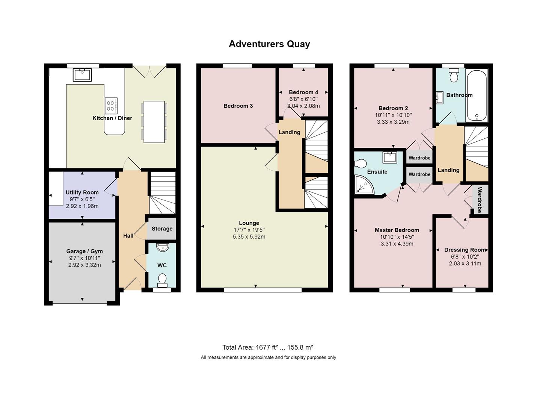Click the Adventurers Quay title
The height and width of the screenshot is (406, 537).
tap(269, 44)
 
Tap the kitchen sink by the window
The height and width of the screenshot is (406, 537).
tap(83, 75)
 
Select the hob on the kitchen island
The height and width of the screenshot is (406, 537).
tap(111, 105)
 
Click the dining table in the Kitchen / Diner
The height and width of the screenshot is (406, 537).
tap(154, 122)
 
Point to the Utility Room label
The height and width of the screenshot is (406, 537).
tap(82, 192)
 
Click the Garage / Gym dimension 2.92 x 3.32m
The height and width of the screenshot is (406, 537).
tap(84, 265)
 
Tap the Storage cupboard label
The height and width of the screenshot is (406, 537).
tap(162, 229)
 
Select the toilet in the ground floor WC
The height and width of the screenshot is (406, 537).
tap(162, 280)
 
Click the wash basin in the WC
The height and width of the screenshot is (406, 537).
tap(162, 247)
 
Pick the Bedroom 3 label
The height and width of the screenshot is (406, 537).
tap(238, 106)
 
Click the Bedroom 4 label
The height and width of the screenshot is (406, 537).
tap(303, 92)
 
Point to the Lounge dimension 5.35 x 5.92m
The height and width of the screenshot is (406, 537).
tap(249, 237)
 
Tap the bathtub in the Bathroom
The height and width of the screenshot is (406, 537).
tap(477, 95)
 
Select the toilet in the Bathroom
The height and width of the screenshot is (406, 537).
tap(454, 76)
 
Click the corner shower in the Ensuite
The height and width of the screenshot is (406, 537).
tap(362, 186)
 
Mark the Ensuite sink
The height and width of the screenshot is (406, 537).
tap(390, 157)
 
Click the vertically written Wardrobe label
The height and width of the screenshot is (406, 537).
tap(480, 200)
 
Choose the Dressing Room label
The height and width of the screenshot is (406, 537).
tap(465, 250)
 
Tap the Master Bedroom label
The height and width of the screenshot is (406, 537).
tap(397, 230)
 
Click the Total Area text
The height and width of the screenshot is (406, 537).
tap(268, 347)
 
